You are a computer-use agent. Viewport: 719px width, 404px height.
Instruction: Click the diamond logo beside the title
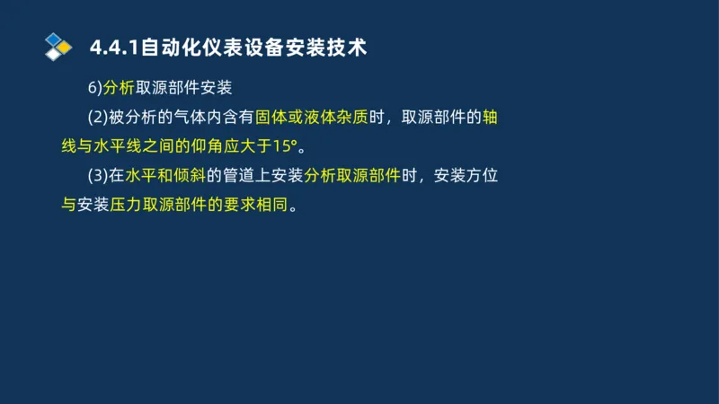click(x=58, y=46)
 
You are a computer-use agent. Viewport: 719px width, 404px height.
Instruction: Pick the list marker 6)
click(x=94, y=88)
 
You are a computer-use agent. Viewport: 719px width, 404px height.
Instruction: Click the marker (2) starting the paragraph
click(x=97, y=117)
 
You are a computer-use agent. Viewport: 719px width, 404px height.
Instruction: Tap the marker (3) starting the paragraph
click(x=97, y=175)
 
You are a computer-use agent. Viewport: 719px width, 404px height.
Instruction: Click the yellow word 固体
click(x=271, y=117)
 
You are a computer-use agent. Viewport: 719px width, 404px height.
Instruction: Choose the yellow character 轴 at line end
click(x=491, y=117)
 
